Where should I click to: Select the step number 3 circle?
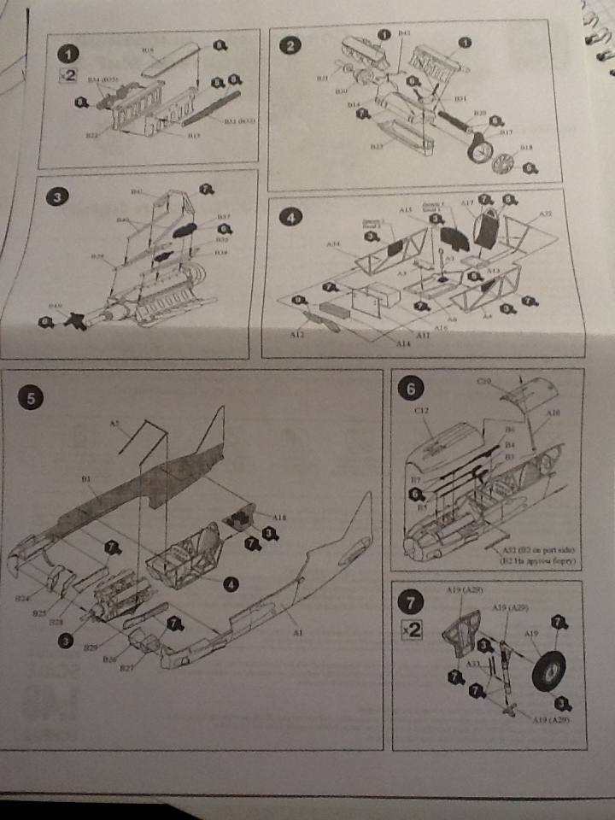point(56,197)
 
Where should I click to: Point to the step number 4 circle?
point(291,218)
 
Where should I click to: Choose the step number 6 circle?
point(413,389)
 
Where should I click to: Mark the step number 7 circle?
point(413,603)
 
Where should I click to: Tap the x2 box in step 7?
point(413,630)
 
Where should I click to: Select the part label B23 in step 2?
point(375,147)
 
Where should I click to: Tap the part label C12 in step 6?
point(420,412)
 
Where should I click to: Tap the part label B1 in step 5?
point(86,482)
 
